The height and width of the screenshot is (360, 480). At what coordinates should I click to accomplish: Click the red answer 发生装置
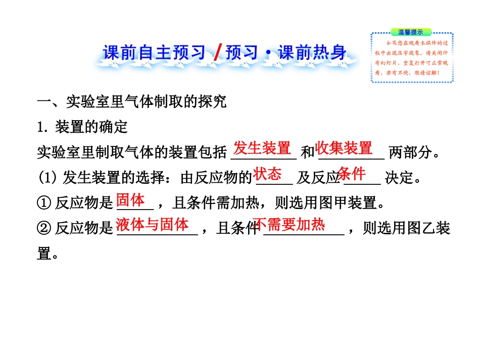click(x=263, y=148)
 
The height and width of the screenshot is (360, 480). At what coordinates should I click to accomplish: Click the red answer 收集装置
click(x=344, y=148)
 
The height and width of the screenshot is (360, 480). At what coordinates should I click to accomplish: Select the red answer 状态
click(x=267, y=174)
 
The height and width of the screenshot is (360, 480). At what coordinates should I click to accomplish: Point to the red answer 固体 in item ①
click(x=131, y=200)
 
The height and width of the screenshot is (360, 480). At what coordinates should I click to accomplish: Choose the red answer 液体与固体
click(x=152, y=225)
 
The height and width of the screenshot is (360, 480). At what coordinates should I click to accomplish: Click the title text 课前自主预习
click(x=155, y=53)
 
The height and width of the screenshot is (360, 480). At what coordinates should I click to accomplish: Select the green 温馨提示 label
click(x=410, y=32)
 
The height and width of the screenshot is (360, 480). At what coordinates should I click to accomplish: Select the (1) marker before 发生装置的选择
click(x=48, y=178)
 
